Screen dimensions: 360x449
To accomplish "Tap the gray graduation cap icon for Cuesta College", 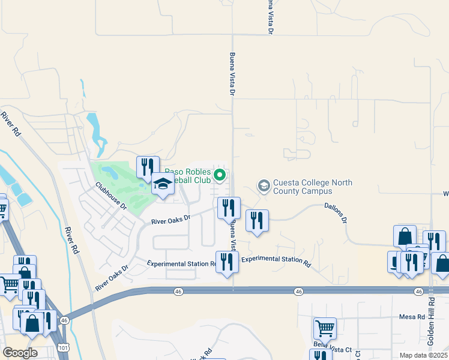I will tap(264, 186).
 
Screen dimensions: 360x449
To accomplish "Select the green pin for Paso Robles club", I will tap(220, 175).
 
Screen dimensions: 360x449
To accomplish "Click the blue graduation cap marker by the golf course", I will tap(162, 184).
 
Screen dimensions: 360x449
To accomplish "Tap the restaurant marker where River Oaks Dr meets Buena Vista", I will tap(228, 208).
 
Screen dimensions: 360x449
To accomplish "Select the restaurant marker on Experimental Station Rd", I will tap(227, 262).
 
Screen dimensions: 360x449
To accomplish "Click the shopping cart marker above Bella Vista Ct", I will tap(325, 328).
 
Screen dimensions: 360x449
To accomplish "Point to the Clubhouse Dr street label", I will tap(111, 196).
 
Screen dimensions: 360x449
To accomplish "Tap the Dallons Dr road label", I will tap(336, 212).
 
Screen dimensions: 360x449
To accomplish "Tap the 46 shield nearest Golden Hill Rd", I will tap(418, 291).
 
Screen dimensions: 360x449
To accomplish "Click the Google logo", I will tap(20, 353).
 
